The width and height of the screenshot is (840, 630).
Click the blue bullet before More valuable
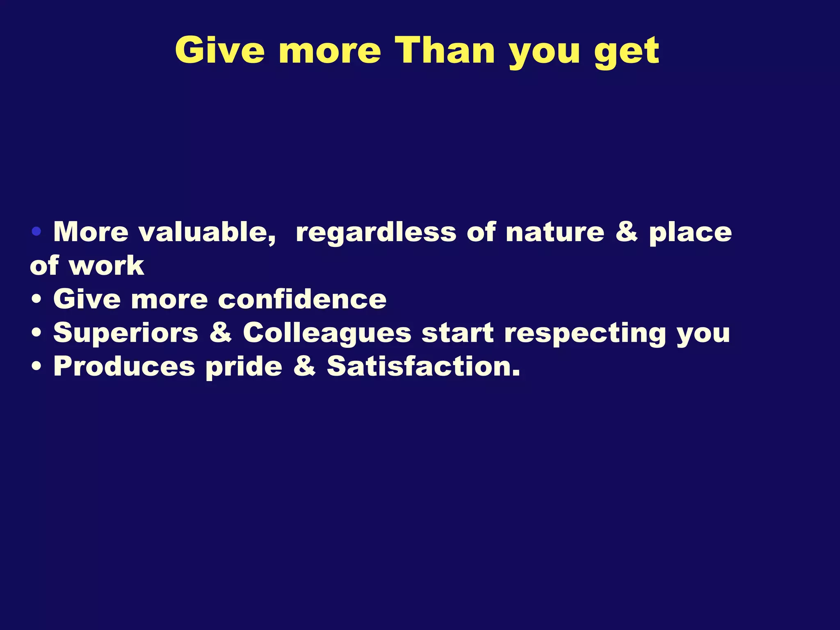click(x=37, y=232)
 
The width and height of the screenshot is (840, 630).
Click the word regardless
click(x=376, y=233)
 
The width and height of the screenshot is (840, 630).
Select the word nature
click(x=555, y=233)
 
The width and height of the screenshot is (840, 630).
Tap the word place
click(x=690, y=233)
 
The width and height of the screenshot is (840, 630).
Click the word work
click(x=106, y=266)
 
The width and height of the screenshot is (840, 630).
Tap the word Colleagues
click(x=327, y=333)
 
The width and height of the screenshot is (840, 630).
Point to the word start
click(x=458, y=333)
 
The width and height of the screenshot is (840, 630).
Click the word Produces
click(x=124, y=366)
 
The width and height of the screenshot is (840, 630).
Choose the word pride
click(x=244, y=366)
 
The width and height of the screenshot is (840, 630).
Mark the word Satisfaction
click(x=423, y=366)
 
